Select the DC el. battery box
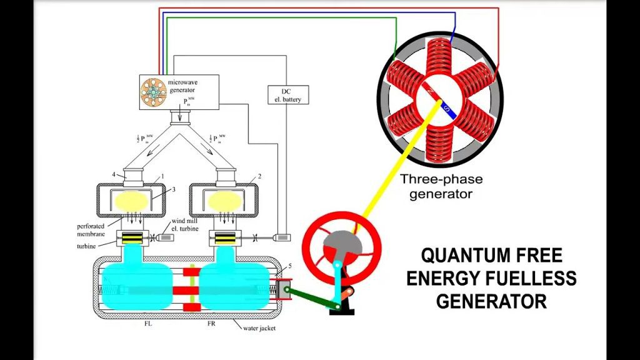(x=288, y=94)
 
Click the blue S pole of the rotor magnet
(x=446, y=111)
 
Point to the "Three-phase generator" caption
(x=442, y=186)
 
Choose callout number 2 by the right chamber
(x=260, y=177)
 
